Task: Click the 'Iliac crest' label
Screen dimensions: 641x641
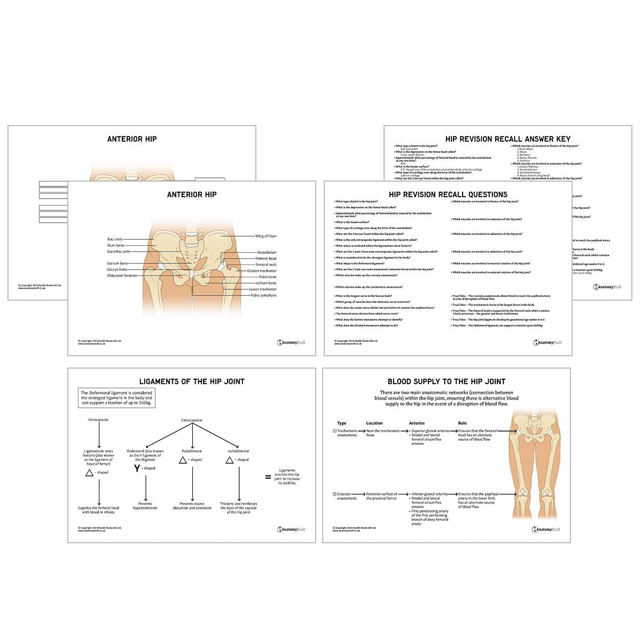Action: click(x=115, y=239)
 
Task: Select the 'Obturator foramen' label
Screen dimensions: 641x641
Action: click(x=122, y=276)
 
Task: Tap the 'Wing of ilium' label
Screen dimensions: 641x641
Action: click(x=265, y=236)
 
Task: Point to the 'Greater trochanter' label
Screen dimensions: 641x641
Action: click(x=262, y=271)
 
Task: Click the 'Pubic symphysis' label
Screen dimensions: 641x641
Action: click(x=263, y=295)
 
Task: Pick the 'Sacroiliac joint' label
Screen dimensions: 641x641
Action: click(x=119, y=252)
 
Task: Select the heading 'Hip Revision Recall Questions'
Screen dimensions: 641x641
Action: click(x=448, y=194)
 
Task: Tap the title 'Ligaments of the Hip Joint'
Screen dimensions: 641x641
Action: click(x=192, y=381)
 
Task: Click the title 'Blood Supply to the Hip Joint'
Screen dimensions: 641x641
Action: click(x=447, y=381)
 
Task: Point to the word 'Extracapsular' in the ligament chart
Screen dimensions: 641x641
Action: click(x=192, y=420)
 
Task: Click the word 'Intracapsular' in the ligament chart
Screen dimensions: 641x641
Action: click(x=99, y=420)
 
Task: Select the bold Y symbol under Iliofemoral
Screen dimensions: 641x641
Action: click(x=137, y=468)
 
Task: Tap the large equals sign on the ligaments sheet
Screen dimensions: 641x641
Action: click(x=268, y=477)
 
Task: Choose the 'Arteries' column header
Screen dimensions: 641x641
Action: click(x=416, y=423)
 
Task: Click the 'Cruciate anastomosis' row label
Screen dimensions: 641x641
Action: click(x=347, y=496)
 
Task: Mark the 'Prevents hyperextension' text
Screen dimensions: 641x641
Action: click(x=145, y=506)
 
